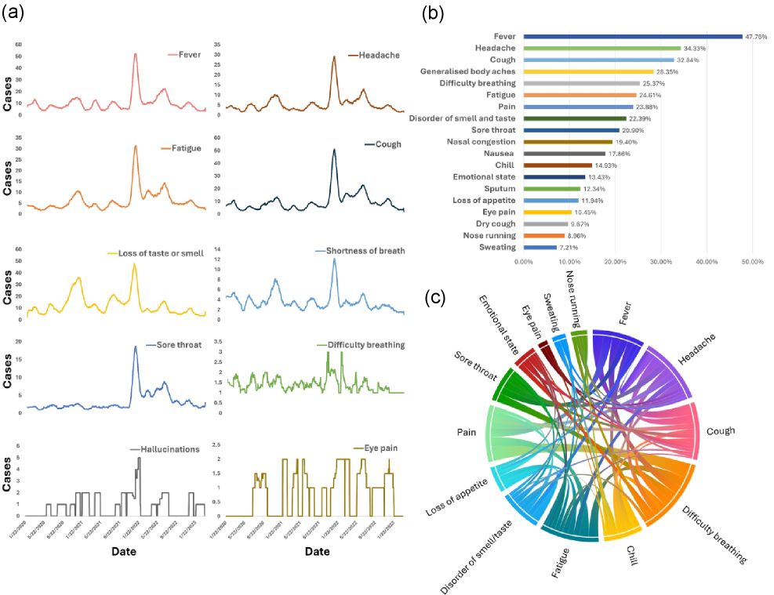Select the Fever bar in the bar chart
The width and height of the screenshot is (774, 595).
coord(632,36)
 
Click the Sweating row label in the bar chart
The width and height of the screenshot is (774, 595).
coord(496,247)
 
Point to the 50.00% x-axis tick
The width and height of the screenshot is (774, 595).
coord(752,261)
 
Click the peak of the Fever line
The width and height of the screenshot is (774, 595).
coord(136,54)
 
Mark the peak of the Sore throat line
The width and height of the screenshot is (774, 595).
coord(135,346)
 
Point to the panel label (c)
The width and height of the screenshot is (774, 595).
coord(437,298)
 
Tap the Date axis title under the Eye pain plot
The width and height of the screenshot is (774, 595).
coord(317,552)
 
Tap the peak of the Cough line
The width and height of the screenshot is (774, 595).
coord(334,150)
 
